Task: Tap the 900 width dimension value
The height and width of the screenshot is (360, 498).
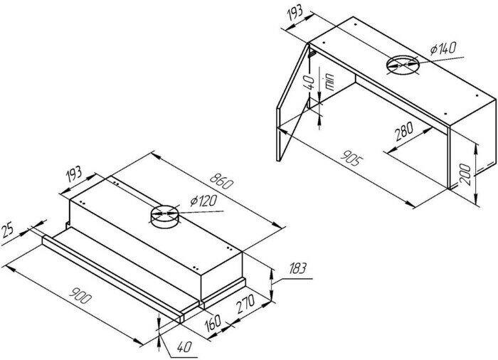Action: (80, 295)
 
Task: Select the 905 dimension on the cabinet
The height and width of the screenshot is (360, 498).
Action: (350, 158)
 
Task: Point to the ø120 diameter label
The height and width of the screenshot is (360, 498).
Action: (203, 201)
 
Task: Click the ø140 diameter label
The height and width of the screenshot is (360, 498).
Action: (443, 48)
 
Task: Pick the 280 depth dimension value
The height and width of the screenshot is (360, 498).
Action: (404, 131)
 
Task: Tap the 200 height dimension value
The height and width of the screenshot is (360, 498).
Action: (465, 174)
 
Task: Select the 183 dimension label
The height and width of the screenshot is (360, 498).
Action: (297, 268)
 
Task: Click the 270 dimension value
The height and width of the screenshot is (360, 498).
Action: (245, 304)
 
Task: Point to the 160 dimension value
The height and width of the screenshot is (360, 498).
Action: (213, 323)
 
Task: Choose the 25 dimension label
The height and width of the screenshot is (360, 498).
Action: (7, 230)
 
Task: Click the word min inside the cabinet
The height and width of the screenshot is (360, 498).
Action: (329, 82)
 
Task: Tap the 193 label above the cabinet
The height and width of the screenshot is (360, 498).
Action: (295, 14)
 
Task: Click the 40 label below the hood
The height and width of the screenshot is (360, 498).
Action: (184, 346)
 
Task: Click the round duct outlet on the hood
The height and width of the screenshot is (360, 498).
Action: (164, 216)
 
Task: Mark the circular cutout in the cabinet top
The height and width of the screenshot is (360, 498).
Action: (403, 65)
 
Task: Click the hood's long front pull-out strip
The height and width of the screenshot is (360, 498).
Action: (112, 280)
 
